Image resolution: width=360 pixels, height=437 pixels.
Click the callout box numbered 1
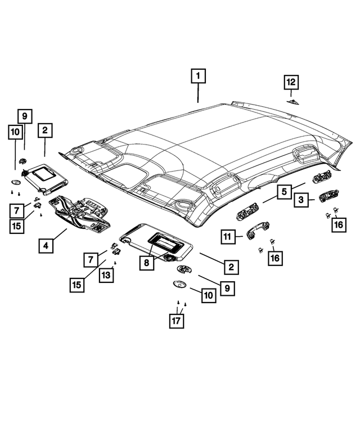[x=198, y=76]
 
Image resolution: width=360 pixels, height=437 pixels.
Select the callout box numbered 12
[x=291, y=82]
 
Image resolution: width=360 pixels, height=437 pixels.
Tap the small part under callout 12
[x=293, y=102]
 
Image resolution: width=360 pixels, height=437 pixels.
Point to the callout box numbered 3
[x=301, y=200]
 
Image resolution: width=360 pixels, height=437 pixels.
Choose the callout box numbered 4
[x=46, y=246]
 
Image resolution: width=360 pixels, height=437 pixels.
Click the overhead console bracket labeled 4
[x=80, y=214]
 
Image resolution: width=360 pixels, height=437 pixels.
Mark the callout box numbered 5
[x=284, y=191]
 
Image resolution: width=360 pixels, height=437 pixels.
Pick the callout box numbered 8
[x=147, y=263]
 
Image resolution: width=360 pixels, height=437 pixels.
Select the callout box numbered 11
[x=228, y=237]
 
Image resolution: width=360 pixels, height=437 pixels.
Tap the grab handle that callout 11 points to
[x=258, y=230]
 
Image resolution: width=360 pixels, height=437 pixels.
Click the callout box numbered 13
[x=106, y=275]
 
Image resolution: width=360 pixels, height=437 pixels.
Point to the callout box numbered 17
[x=177, y=321]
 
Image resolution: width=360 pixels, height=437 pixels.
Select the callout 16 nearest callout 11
[x=275, y=258]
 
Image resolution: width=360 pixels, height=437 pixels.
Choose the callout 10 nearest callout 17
[x=209, y=295]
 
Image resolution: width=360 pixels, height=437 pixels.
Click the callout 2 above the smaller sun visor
[x=45, y=130]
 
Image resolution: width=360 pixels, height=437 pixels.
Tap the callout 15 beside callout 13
[x=77, y=285]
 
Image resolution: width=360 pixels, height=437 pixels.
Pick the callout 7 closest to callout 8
[x=91, y=260]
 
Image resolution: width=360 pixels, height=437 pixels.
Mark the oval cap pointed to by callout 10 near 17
[x=180, y=284]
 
